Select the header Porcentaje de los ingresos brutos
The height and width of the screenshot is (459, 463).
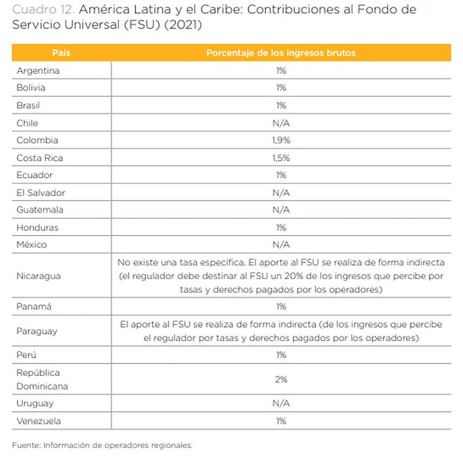pyautogui.click(x=281, y=53)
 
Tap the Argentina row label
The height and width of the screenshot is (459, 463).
pyautogui.click(x=39, y=71)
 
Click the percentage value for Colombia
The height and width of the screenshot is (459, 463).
pyautogui.click(x=281, y=141)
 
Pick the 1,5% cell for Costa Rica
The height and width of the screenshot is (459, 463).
pyautogui.click(x=281, y=158)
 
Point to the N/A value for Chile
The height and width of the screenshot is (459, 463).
pyautogui.click(x=281, y=123)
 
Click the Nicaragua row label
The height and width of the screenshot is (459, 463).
pyautogui.click(x=39, y=276)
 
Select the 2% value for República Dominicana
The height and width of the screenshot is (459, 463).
pyautogui.click(x=281, y=380)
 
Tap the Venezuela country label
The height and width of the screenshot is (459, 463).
pyautogui.click(x=39, y=421)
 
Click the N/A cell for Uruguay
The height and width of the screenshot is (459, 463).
pyautogui.click(x=281, y=403)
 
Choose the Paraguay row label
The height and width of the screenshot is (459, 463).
pyautogui.click(x=37, y=331)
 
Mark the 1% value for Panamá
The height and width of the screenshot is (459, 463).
pyautogui.click(x=281, y=306)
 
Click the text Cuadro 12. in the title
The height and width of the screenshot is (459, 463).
pyautogui.click(x=39, y=10)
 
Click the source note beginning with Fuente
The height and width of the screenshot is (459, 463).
pyautogui.click(x=102, y=445)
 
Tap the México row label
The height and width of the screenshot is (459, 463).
pyautogui.click(x=33, y=245)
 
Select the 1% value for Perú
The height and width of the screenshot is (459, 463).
pyautogui.click(x=281, y=355)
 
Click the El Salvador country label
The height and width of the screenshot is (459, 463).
pyautogui.click(x=41, y=193)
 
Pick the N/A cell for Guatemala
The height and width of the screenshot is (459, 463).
pyautogui.click(x=281, y=210)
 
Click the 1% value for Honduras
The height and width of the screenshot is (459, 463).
pyautogui.click(x=281, y=227)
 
